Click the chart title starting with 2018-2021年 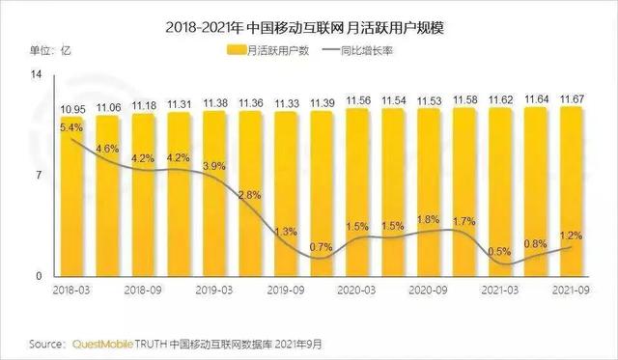pyautogui.click(x=309, y=17)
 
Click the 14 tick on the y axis pyautogui.click(x=38, y=75)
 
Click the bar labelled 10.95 pyautogui.click(x=74, y=203)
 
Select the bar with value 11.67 pyautogui.click(x=572, y=193)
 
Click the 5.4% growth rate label pyautogui.click(x=70, y=126)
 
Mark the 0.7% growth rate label pyautogui.click(x=323, y=247)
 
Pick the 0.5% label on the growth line pyautogui.click(x=501, y=251)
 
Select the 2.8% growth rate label pyautogui.click(x=250, y=195)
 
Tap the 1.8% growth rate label pyautogui.click(x=428, y=220)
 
